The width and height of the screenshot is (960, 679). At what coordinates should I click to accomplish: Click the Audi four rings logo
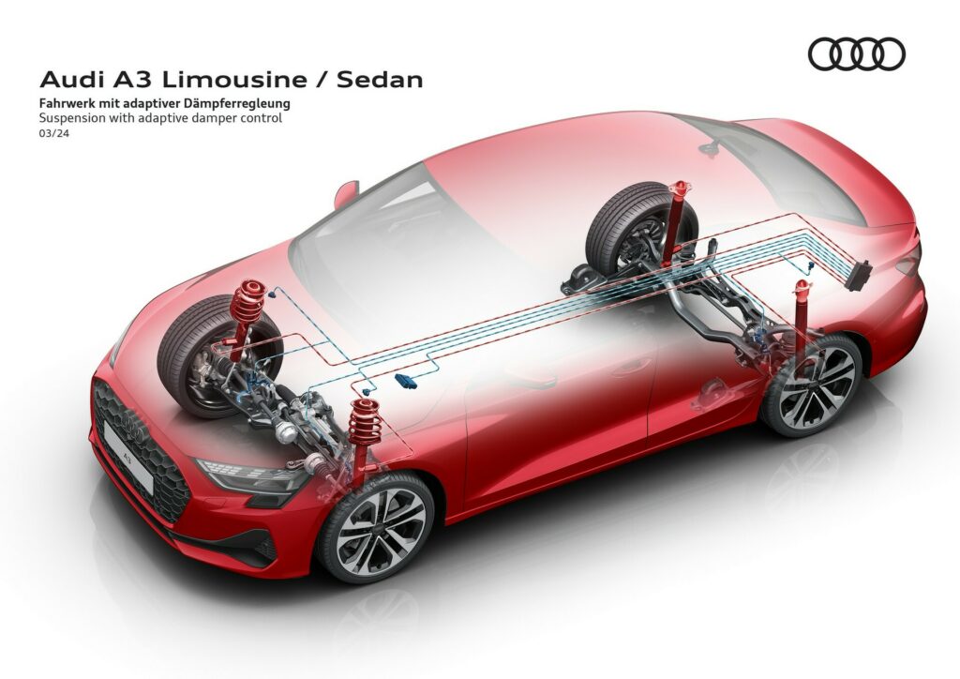(856, 53)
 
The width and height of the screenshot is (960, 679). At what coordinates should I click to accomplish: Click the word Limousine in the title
(234, 80)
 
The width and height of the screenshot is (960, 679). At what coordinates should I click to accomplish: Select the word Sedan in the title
(380, 80)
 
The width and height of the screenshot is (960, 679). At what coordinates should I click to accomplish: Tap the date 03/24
(53, 133)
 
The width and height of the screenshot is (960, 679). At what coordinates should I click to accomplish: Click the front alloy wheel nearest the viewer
(376, 526)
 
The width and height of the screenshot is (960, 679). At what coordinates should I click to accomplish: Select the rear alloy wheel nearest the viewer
(812, 385)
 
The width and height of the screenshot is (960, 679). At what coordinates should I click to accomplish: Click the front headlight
(251, 475)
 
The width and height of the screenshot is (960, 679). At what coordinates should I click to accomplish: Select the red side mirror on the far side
(345, 193)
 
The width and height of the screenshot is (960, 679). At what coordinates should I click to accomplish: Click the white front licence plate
(128, 456)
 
